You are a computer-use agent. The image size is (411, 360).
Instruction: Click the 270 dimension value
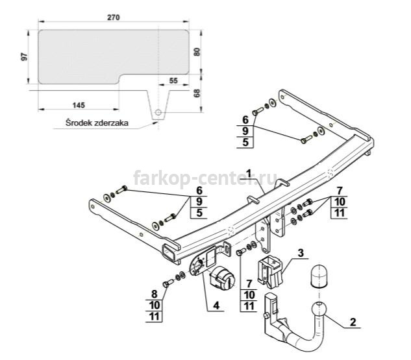click(x=113, y=18)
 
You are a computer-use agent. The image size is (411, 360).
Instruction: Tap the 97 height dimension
click(x=24, y=57)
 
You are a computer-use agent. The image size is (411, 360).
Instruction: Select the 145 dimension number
click(x=79, y=105)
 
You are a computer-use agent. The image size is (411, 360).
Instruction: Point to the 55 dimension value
click(x=173, y=80)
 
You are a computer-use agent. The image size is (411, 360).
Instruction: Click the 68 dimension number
click(x=197, y=93)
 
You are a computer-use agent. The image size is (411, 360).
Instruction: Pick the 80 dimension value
click(x=197, y=52)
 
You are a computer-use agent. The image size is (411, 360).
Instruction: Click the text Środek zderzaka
click(x=97, y=123)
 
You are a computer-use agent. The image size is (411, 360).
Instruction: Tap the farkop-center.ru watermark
click(x=205, y=178)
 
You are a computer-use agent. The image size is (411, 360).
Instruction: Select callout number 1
click(x=249, y=174)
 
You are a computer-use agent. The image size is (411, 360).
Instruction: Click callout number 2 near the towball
click(x=353, y=322)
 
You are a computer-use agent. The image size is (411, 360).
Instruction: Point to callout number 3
click(x=301, y=253)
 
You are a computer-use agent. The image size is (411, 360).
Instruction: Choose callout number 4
click(x=216, y=306)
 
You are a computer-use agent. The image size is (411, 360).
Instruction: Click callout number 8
click(x=154, y=294)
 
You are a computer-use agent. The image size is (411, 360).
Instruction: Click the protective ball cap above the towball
click(x=318, y=276)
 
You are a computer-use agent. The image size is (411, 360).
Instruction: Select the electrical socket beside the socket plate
click(x=222, y=278)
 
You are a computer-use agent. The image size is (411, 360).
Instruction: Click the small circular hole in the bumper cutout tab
click(x=158, y=113)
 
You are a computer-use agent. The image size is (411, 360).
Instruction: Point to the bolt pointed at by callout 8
click(x=168, y=283)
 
